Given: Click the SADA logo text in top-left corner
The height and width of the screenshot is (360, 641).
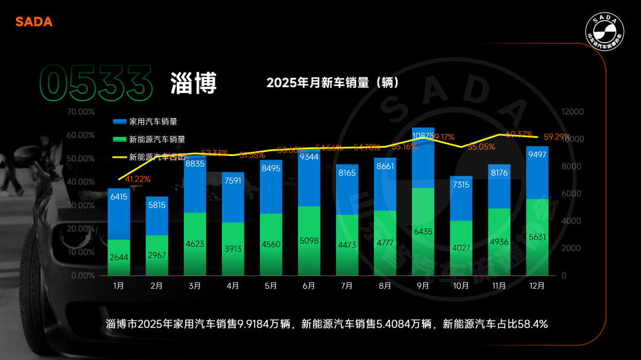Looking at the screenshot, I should click(34, 22).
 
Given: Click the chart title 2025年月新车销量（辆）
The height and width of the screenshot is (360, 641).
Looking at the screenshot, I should click(332, 82).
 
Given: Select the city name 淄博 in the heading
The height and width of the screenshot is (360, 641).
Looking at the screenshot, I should click(193, 83).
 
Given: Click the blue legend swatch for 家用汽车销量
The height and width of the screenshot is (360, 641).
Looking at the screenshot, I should click(119, 122).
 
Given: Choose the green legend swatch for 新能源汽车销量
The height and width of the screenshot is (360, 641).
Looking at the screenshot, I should click(119, 139).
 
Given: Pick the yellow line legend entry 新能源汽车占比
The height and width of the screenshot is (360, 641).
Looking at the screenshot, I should click(119, 157).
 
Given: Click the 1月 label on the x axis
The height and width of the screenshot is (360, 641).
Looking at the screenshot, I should click(119, 286).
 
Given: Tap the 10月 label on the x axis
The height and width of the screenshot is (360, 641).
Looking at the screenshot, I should click(461, 286).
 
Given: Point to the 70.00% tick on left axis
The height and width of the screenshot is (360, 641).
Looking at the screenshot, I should click(81, 111).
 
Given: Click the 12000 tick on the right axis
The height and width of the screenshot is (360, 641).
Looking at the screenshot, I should click(573, 111).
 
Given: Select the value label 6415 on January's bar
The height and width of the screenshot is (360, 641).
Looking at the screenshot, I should click(119, 196).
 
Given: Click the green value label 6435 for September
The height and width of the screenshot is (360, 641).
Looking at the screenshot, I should click(423, 231).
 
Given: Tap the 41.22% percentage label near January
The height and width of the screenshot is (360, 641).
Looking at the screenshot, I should click(138, 179).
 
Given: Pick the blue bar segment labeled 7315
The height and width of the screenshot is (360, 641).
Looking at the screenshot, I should click(461, 199).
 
